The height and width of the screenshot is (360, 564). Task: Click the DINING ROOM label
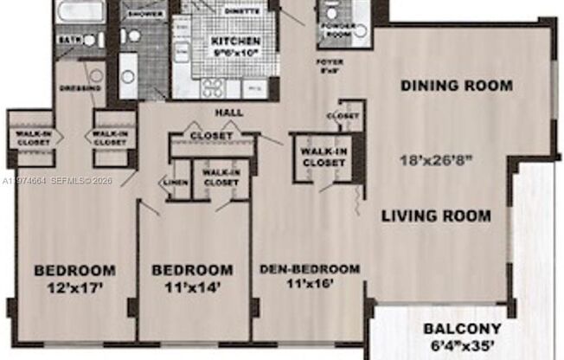[457, 86]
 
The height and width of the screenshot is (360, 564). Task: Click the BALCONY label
[462, 328]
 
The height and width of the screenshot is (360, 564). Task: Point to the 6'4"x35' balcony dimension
[462, 345]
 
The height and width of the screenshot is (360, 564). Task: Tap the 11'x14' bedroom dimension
[192, 285]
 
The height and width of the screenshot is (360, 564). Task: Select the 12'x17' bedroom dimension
[74, 286]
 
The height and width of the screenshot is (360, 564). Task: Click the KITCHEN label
[236, 41]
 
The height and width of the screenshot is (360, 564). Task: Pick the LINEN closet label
[171, 182]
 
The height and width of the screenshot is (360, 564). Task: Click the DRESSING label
[80, 88]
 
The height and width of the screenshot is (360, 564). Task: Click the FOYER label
[330, 62]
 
